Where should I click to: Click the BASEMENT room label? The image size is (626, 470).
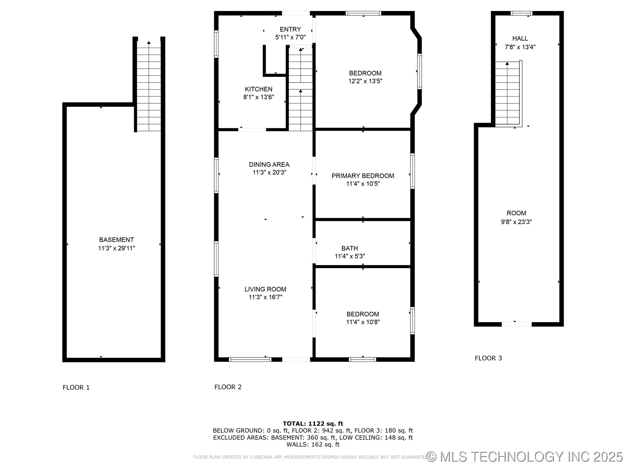pyautogui.click(x=116, y=240)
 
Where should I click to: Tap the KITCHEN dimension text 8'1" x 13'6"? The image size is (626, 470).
pyautogui.click(x=259, y=97)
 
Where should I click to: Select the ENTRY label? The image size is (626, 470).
pyautogui.click(x=290, y=29)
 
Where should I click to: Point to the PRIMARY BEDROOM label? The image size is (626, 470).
pyautogui.click(x=363, y=176)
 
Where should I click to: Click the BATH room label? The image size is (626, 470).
pyautogui.click(x=350, y=248)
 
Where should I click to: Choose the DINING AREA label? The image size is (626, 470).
pyautogui.click(x=269, y=164)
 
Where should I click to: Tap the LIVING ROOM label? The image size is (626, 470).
pyautogui.click(x=265, y=289)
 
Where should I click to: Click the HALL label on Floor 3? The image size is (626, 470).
pyautogui.click(x=520, y=39)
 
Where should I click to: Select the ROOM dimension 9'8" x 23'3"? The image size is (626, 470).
pyautogui.click(x=516, y=222)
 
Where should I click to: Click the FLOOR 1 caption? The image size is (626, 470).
pyautogui.click(x=76, y=387)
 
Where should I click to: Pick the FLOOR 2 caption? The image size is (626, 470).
pyautogui.click(x=228, y=387)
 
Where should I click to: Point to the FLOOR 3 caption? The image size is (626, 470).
pyautogui.click(x=488, y=358)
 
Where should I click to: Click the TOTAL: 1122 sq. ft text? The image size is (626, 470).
pyautogui.click(x=313, y=424)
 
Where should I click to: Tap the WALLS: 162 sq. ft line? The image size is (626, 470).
pyautogui.click(x=313, y=445)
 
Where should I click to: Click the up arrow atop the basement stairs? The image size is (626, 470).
pyautogui.click(x=149, y=42)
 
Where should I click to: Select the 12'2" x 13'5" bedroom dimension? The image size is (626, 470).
pyautogui.click(x=365, y=81)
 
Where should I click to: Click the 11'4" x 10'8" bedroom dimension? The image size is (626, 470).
pyautogui.click(x=363, y=322)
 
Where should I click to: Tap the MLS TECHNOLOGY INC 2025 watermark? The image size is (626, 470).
pyautogui.click(x=525, y=457)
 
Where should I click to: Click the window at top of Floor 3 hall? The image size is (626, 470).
pyautogui.click(x=521, y=13)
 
